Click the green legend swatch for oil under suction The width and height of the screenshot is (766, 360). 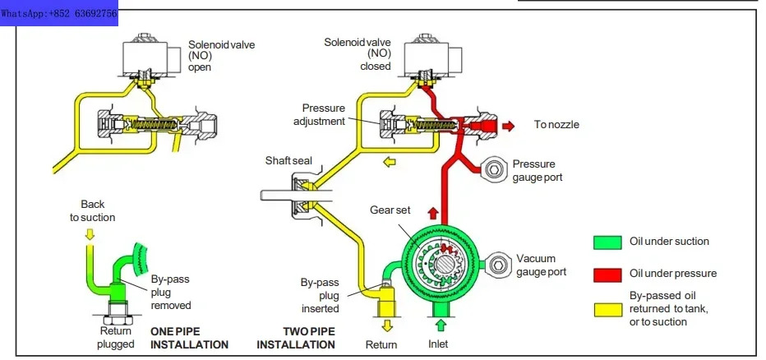click(607, 242)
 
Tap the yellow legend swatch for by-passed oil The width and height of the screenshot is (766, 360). click(607, 310)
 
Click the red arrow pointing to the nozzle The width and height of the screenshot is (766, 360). click(508, 126)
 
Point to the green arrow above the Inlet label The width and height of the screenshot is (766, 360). click(441, 325)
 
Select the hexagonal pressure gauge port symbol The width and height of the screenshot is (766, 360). click(496, 169)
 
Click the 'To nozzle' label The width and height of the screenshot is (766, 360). click(556, 125)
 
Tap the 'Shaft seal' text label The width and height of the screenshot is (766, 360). click(288, 161)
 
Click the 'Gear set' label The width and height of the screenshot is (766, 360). click(390, 210)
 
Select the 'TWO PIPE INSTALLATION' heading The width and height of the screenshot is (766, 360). click(296, 338)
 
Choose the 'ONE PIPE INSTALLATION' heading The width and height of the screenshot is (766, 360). click(189, 338)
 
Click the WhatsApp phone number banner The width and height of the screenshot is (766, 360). click(58, 13)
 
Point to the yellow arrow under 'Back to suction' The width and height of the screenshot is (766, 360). click(89, 235)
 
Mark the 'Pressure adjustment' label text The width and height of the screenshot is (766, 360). click(319, 114)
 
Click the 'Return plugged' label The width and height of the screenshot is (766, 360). click(115, 338)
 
